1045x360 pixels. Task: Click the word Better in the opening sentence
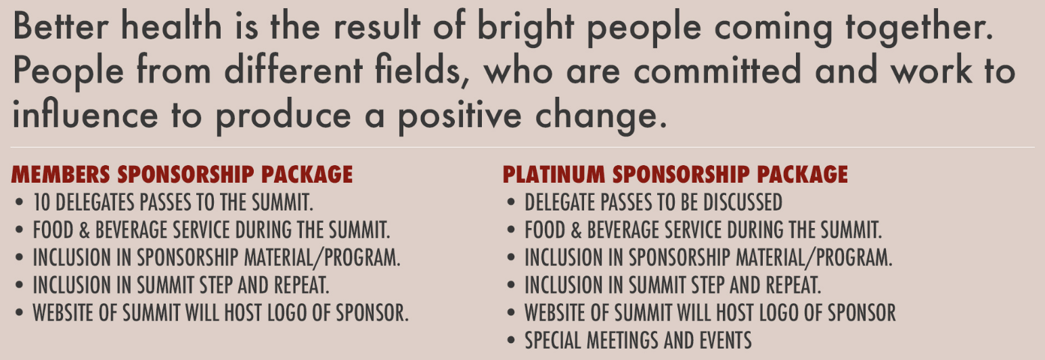[61, 26]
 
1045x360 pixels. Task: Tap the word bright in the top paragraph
[526, 28]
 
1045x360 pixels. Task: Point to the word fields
[422, 70]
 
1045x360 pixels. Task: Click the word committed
[717, 69]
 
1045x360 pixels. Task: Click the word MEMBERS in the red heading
[61, 175]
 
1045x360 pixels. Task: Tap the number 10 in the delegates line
[41, 202]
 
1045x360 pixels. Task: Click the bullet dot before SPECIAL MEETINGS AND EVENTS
[511, 340]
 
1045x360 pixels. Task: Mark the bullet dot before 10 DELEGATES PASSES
[19, 202]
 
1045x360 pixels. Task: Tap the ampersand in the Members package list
[85, 230]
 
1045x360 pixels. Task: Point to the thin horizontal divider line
[522, 148]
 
